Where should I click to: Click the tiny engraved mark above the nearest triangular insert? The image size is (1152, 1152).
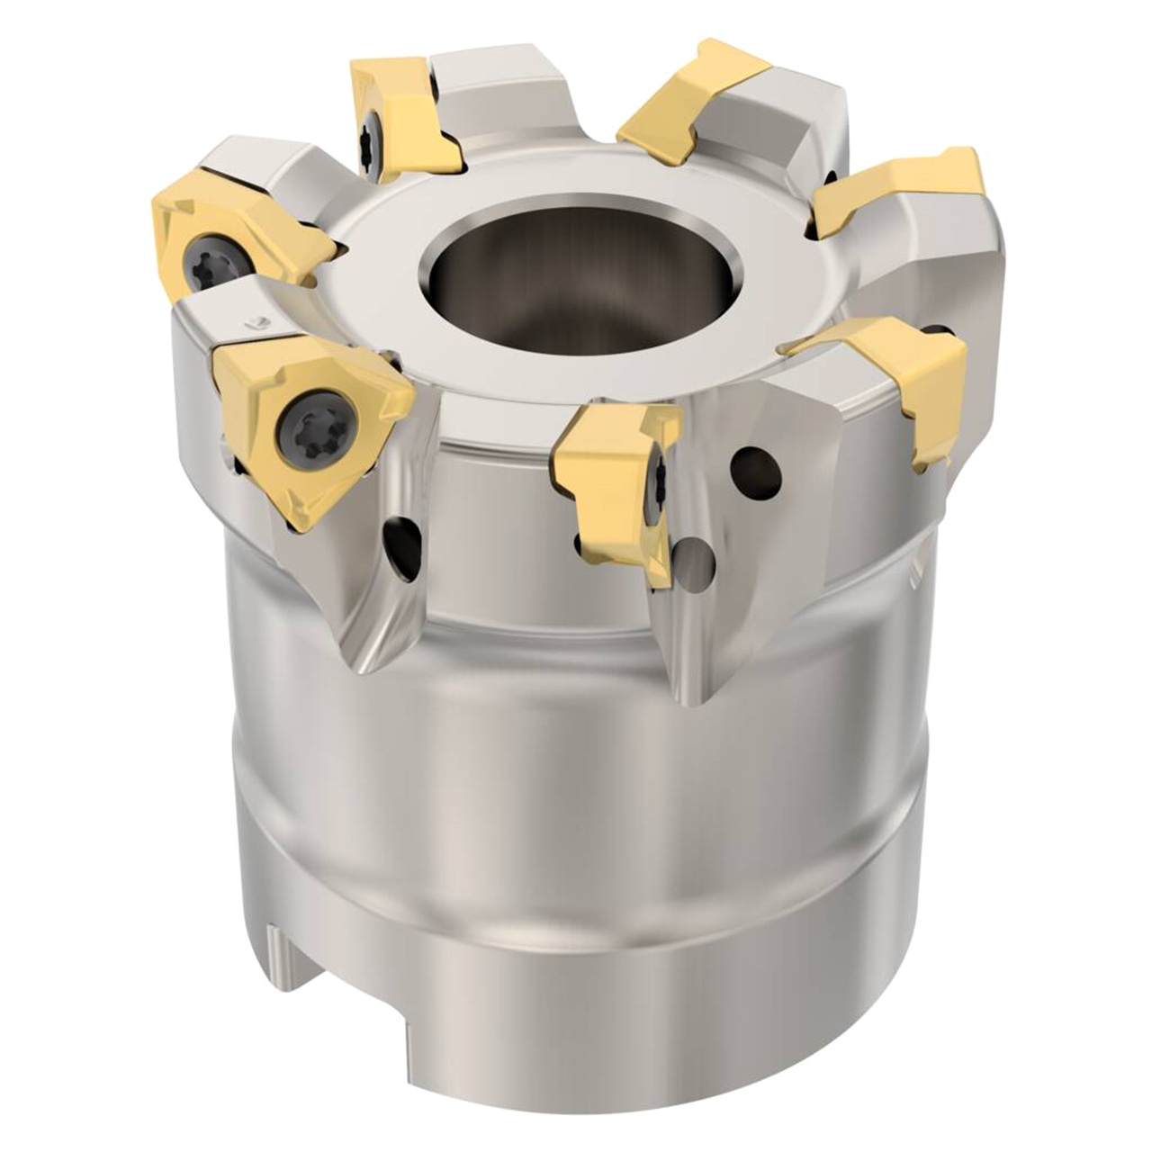tap(256, 321)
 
